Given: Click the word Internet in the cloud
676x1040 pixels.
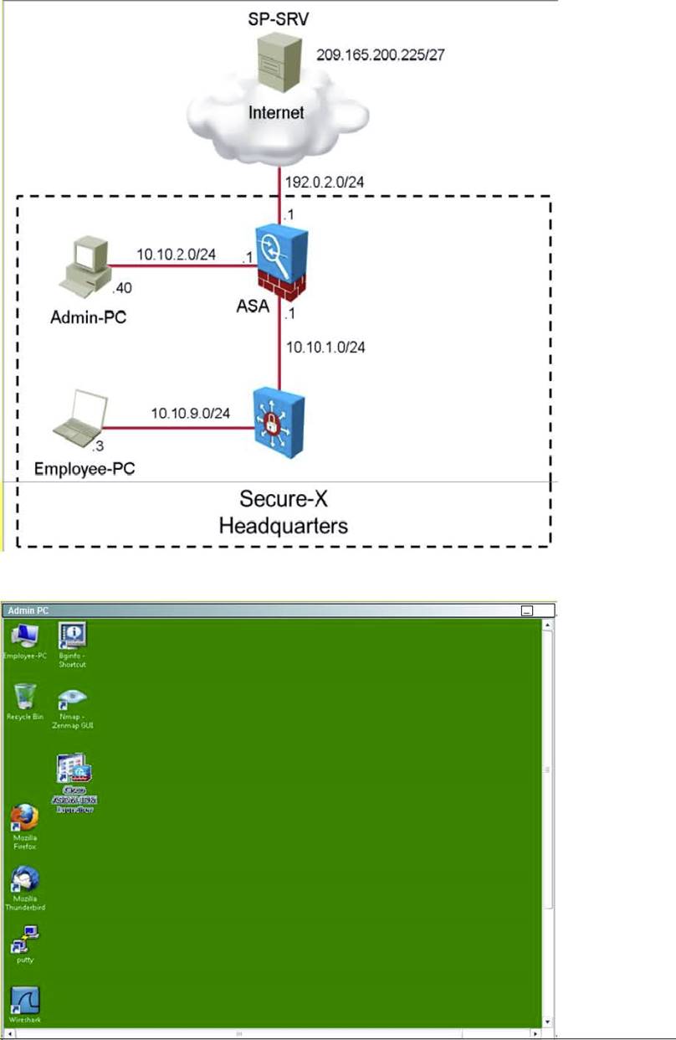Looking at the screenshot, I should [276, 113].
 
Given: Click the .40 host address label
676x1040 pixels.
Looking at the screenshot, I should [123, 288].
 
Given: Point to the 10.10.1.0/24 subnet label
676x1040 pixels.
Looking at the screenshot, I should [326, 345].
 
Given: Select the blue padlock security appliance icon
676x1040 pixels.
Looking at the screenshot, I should [279, 420].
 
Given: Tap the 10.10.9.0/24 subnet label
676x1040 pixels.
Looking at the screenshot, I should [190, 412].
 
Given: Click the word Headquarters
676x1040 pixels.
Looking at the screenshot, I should [283, 527].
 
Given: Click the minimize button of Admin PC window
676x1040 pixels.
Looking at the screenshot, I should [527, 611].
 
